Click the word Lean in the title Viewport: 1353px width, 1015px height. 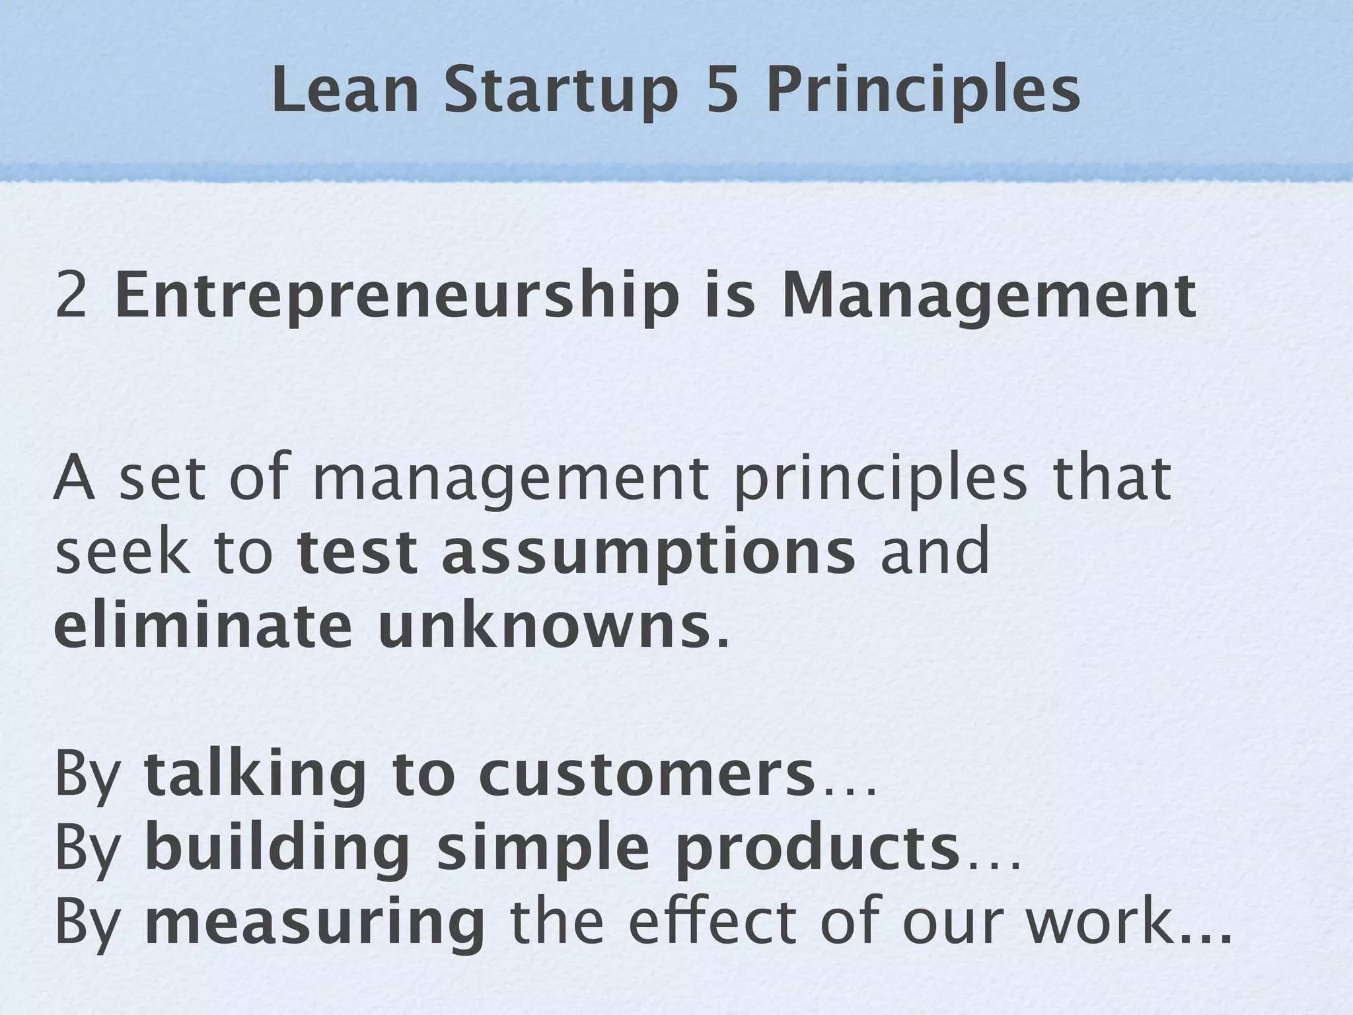coord(344,91)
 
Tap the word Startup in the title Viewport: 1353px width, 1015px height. coord(561,91)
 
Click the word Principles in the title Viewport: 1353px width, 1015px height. coord(922,91)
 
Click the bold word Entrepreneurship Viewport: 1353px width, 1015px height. coord(397,295)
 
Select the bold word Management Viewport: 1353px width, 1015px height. coord(988,295)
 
